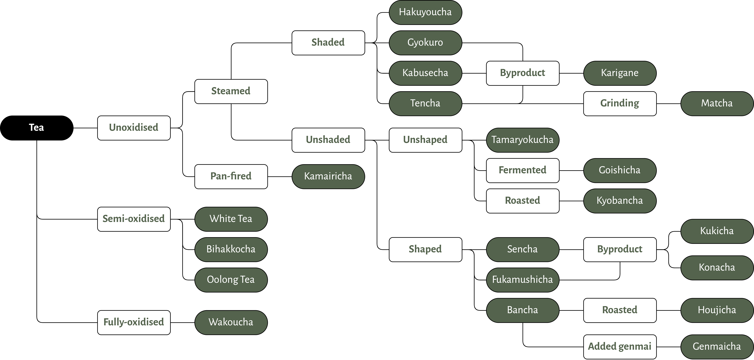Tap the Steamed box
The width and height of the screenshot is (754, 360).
(x=231, y=91)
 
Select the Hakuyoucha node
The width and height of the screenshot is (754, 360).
(x=425, y=12)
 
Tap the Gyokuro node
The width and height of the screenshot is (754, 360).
(x=425, y=43)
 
